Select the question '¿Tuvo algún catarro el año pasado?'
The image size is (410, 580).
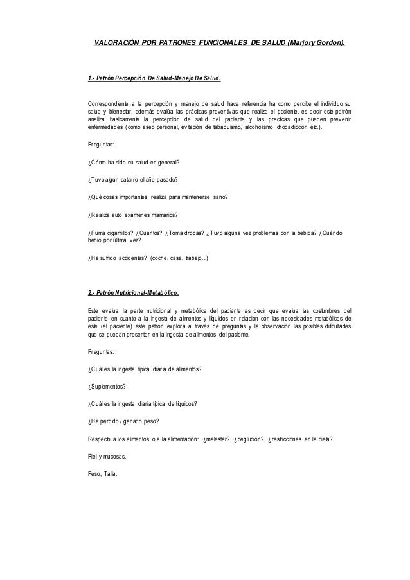pyautogui.click(x=132, y=179)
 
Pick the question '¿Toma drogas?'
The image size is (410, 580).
pyautogui.click(x=187, y=232)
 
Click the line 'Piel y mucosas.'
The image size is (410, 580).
pyautogui.click(x=107, y=457)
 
